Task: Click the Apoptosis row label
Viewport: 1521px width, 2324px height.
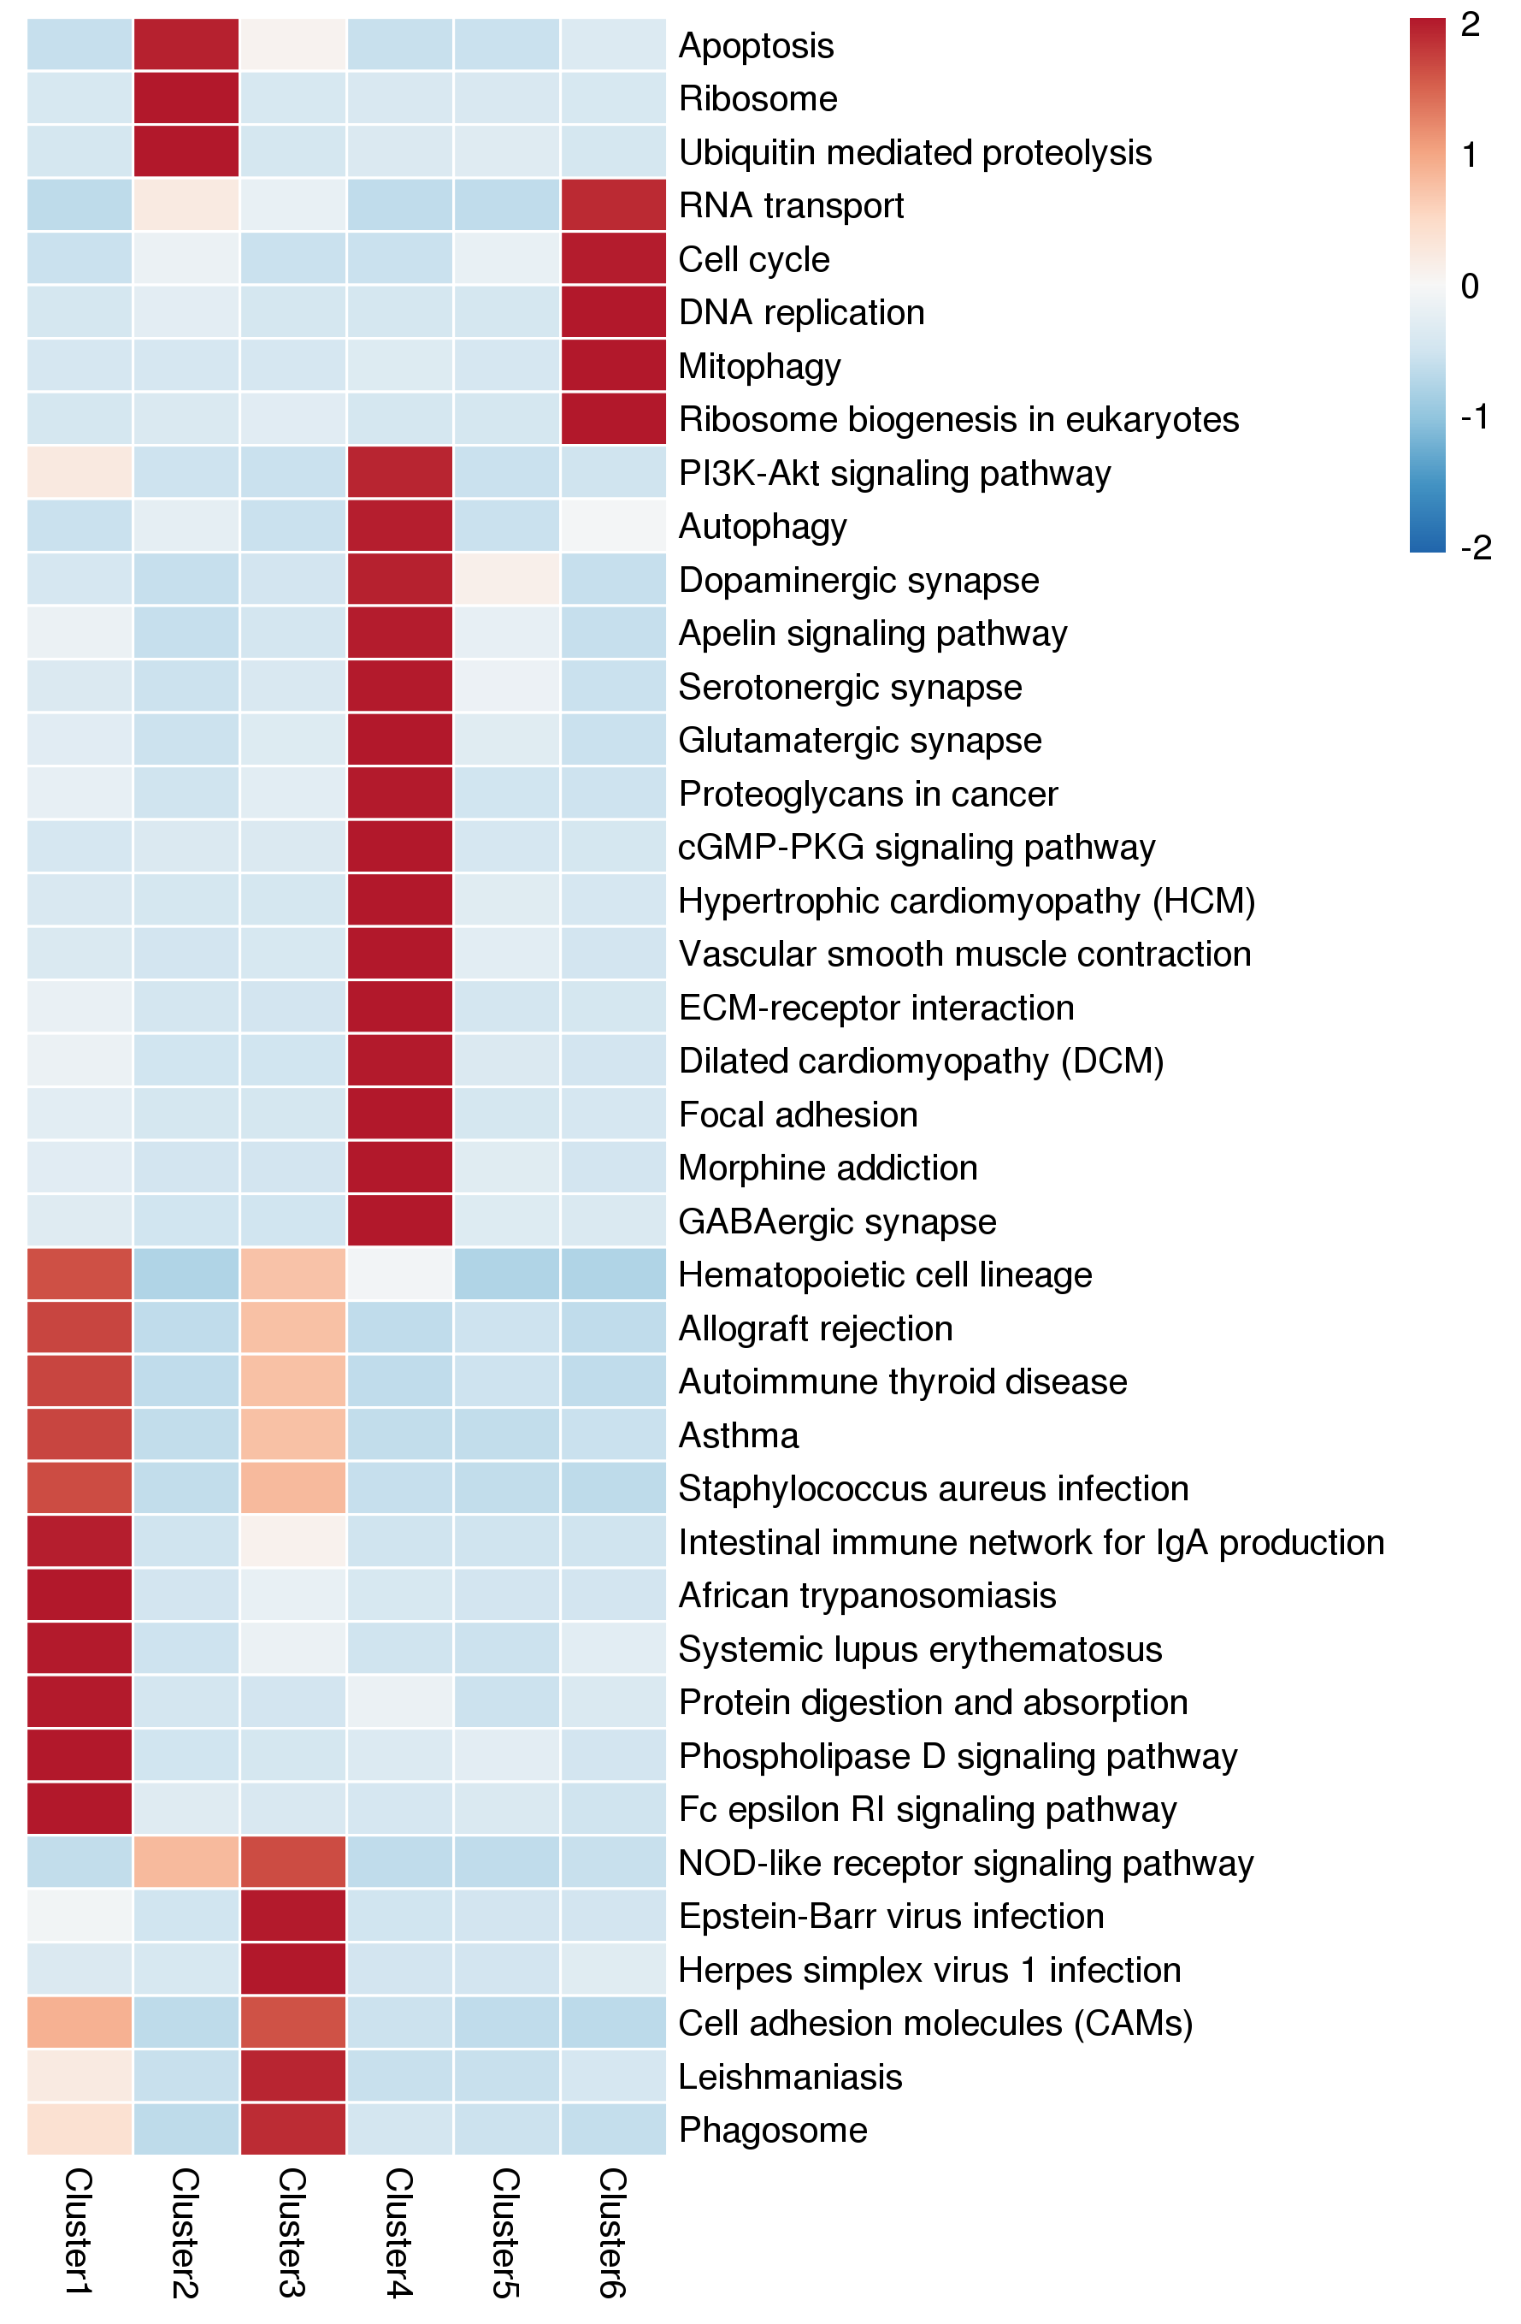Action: tap(756, 46)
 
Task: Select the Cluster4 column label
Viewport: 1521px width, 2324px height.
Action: tap(398, 2232)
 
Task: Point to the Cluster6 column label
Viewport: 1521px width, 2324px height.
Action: tap(612, 2232)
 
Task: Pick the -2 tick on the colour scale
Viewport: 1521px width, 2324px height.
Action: tap(1475, 547)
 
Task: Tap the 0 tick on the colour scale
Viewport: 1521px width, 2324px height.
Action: tap(1469, 286)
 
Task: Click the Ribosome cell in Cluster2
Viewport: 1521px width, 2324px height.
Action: tap(186, 98)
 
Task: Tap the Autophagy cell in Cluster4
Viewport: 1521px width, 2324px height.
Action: tap(399, 526)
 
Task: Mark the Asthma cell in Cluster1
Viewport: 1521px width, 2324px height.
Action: tap(79, 1434)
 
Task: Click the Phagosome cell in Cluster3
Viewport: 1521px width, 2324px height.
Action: tap(293, 2129)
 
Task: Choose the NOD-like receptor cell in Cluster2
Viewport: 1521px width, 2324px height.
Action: tap(186, 1862)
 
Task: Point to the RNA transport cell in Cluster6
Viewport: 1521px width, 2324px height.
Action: tap(613, 205)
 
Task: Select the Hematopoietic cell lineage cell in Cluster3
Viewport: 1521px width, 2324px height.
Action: tap(293, 1274)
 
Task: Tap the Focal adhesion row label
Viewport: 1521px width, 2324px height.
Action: tap(798, 1115)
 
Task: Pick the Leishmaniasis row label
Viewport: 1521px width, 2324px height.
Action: tap(790, 2076)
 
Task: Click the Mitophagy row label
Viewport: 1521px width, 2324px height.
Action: tap(759, 366)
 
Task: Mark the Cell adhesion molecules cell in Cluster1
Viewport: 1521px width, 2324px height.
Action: tap(79, 2022)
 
